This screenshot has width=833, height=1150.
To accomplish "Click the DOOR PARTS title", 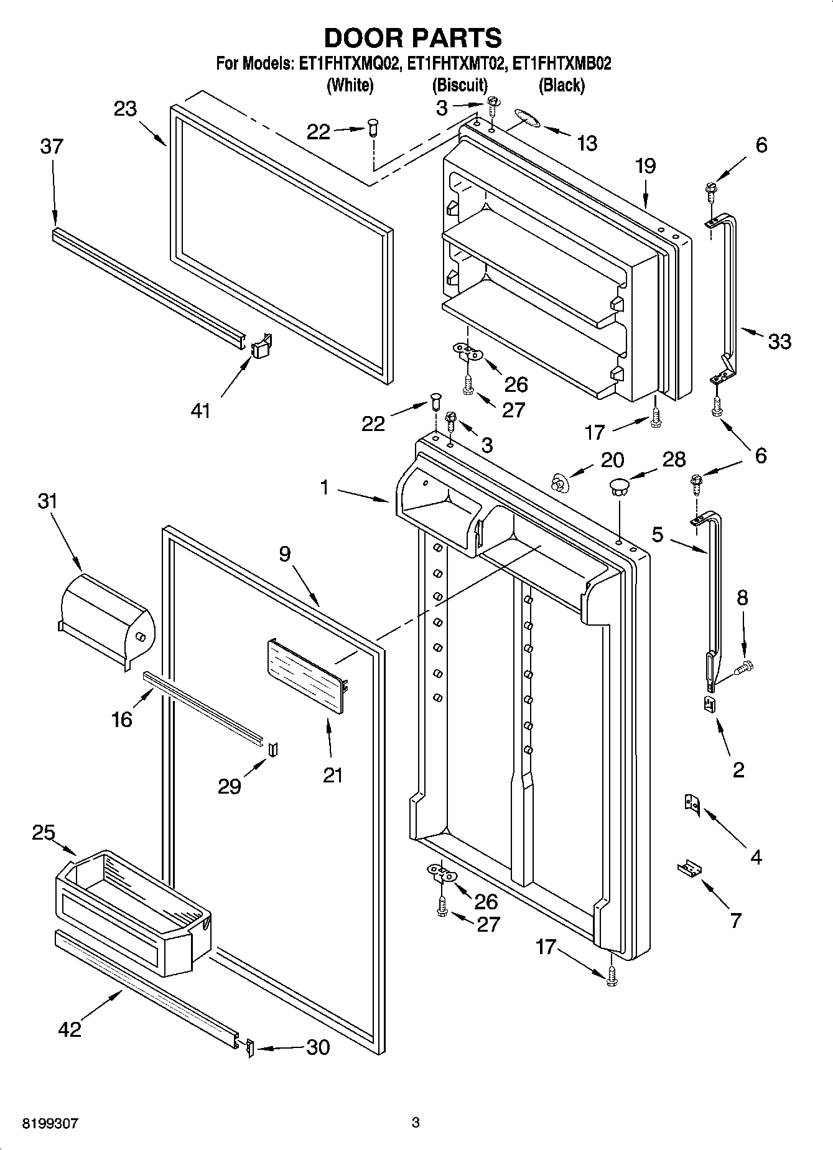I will (x=412, y=38).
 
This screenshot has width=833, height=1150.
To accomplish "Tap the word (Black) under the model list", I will (x=561, y=85).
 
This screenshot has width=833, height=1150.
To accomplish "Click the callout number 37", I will (x=52, y=147).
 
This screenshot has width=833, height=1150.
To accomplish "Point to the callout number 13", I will (x=586, y=144).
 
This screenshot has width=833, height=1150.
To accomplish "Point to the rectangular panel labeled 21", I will (x=307, y=677).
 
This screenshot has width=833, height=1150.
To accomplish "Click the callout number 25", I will (x=44, y=832).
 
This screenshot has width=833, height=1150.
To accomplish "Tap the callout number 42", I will (x=69, y=1029).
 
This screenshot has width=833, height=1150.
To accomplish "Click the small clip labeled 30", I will (x=250, y=1047).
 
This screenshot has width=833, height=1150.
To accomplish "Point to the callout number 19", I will (x=646, y=166).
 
